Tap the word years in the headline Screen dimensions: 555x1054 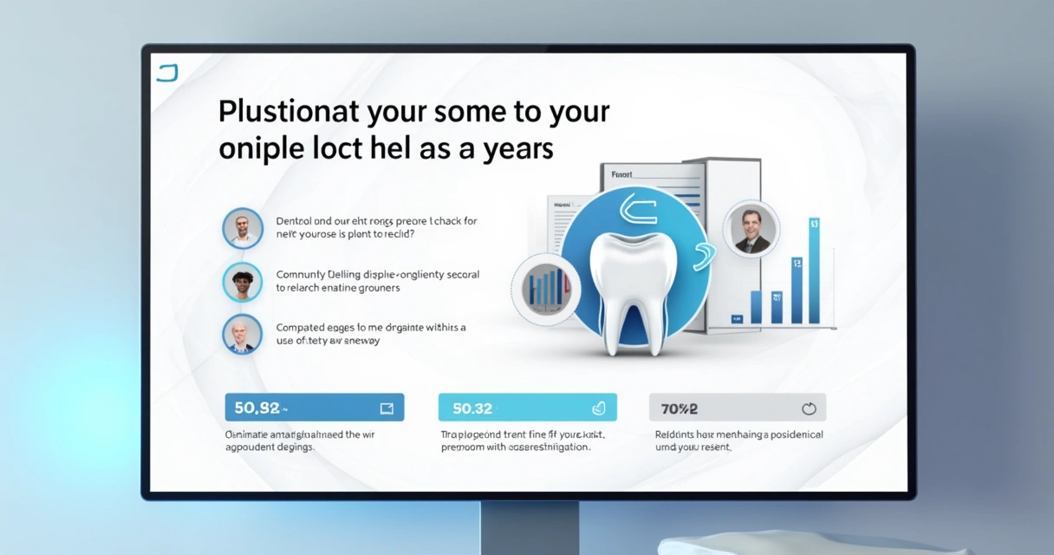click(516, 149)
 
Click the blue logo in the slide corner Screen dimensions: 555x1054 click(166, 73)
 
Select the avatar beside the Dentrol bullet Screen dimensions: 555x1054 click(243, 229)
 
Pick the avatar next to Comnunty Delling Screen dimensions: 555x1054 click(243, 283)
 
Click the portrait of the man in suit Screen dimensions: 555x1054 click(751, 230)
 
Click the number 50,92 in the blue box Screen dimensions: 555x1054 click(257, 408)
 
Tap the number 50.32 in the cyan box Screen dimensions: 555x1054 click(472, 408)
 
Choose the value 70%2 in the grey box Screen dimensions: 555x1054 click(680, 408)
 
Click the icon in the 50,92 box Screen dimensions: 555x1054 click(387, 408)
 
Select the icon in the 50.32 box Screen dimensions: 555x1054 click(598, 408)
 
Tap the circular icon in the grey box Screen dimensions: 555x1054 click(809, 408)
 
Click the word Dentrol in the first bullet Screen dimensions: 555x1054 click(296, 221)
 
